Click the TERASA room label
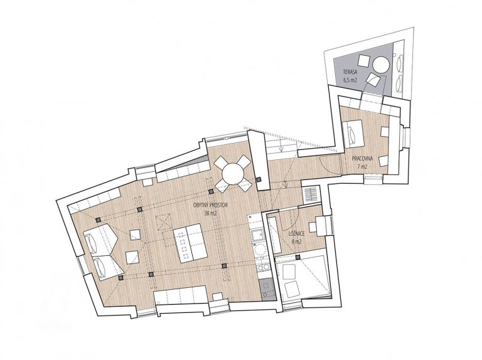[350, 73]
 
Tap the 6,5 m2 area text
[350, 81]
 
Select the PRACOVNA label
[363, 159]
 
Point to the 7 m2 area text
[363, 167]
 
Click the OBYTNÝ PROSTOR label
[211, 205]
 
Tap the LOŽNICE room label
[297, 234]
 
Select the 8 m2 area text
[297, 241]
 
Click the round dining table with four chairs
[233, 174]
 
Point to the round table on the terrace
[380, 65]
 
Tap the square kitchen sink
[257, 236]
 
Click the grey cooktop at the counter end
[267, 289]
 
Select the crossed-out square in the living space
[164, 223]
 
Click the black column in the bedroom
[297, 257]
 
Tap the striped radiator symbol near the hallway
[311, 194]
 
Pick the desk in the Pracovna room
[353, 134]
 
